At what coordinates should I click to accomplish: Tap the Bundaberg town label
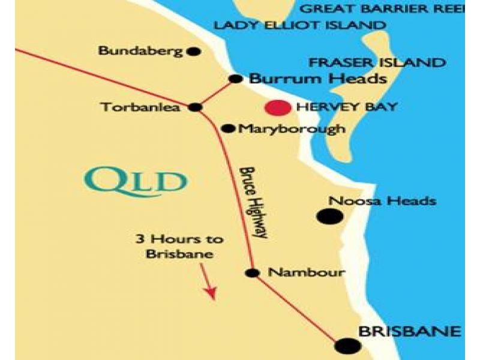click(x=140, y=51)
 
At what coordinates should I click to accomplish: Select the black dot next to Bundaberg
click(x=193, y=52)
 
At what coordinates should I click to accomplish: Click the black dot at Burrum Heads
click(x=236, y=79)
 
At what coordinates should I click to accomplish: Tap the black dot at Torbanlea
click(x=195, y=107)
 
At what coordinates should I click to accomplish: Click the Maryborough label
click(x=292, y=128)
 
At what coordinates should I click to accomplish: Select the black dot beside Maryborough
click(x=228, y=128)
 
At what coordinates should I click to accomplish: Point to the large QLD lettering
click(x=136, y=179)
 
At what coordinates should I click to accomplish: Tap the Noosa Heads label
click(x=383, y=201)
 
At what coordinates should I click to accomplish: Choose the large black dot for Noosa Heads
click(x=327, y=217)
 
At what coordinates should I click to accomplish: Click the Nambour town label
click(x=306, y=272)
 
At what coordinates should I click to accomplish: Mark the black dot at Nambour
click(x=253, y=273)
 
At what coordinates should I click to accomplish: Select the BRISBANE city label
click(x=409, y=331)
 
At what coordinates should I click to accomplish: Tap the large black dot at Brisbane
click(x=348, y=346)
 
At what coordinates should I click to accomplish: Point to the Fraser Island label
click(x=376, y=63)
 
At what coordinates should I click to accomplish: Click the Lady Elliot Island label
click(x=299, y=25)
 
